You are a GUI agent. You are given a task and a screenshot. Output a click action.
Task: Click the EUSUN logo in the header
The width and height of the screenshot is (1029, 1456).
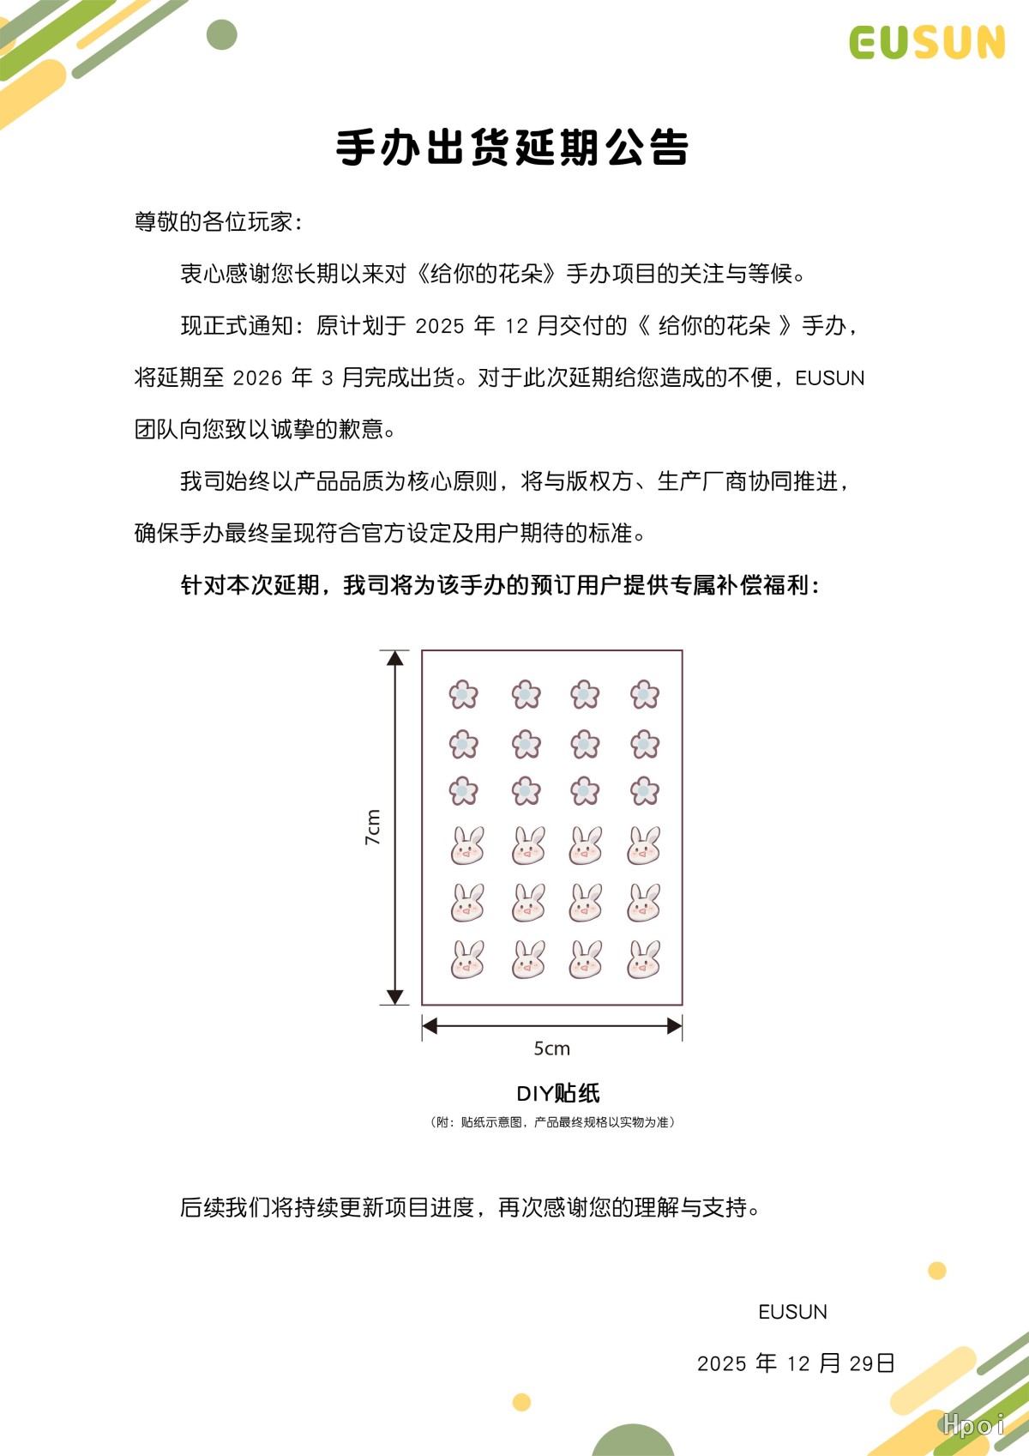pos(927,43)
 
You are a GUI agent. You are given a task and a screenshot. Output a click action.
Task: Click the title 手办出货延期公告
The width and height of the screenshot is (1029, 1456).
pos(513,148)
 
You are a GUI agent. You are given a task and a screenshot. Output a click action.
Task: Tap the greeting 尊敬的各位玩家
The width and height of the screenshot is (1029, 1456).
pos(218,222)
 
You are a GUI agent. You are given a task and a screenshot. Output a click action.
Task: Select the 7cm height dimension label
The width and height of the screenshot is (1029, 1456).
pos(373,827)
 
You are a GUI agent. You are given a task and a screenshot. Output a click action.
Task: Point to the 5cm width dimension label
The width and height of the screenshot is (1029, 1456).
pos(551,1048)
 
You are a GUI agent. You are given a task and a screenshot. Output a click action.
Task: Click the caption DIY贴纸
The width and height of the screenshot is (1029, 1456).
pos(557,1093)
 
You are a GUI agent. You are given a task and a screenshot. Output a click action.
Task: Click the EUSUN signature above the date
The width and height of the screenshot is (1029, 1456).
pos(792,1312)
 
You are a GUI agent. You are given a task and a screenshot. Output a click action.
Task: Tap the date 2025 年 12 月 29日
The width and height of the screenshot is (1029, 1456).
pos(796,1363)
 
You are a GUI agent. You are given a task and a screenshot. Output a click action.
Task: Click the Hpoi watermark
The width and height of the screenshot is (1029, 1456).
pos(972,1425)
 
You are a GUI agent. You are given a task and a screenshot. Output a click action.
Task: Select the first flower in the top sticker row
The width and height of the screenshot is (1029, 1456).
pos(463,694)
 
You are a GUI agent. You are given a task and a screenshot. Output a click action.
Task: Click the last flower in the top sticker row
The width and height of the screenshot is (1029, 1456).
pos(644,694)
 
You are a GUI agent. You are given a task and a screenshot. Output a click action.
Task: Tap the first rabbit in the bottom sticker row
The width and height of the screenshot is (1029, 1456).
pos(467,960)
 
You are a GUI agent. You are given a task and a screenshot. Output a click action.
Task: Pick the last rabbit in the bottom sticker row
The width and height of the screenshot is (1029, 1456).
pos(644,960)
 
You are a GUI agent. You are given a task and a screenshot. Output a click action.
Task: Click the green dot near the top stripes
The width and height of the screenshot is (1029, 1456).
pos(222,35)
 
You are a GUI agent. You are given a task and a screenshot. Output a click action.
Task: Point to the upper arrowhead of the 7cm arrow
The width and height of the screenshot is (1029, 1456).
pos(394,658)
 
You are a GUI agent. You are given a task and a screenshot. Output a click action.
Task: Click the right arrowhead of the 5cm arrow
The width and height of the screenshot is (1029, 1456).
pos(675,1025)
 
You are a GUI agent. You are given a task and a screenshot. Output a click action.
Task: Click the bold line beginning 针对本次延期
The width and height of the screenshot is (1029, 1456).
pos(500,585)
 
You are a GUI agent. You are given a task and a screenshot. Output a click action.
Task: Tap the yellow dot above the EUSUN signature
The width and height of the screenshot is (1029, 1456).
pos(937,1271)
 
